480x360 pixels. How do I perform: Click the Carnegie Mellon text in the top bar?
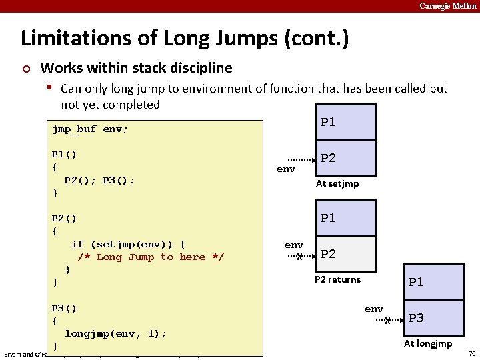(x=447, y=6)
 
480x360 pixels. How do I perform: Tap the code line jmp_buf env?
(x=90, y=129)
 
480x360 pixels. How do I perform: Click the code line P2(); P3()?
(x=100, y=180)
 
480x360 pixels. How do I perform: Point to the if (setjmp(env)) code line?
(x=128, y=244)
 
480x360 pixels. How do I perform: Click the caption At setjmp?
(x=337, y=184)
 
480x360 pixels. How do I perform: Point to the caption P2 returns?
(x=337, y=279)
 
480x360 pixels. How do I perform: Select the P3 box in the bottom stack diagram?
(x=434, y=318)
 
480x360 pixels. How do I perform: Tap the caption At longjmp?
(x=428, y=344)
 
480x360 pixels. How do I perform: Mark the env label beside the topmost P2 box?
(x=285, y=169)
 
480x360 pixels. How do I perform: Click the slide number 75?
(x=472, y=353)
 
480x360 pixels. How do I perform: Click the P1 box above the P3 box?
(x=434, y=282)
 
